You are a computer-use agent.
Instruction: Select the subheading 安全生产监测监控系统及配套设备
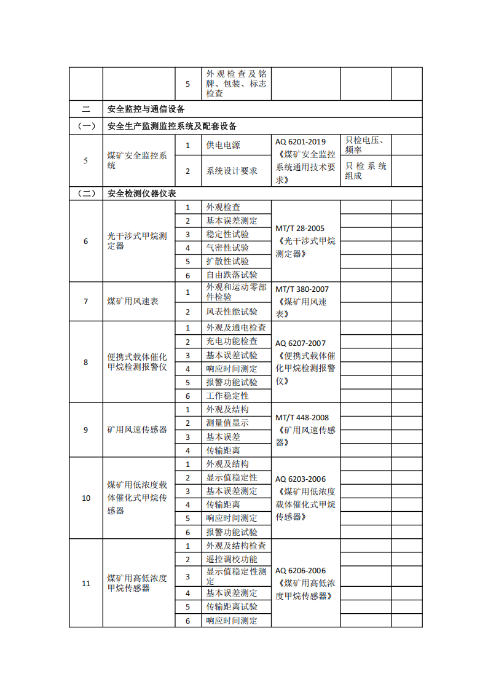[172, 127]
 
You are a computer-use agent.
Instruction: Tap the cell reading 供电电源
[223, 146]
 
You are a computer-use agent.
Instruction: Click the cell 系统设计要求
[232, 171]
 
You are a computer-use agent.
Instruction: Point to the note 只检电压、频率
[364, 145]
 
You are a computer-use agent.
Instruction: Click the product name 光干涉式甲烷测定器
[137, 241]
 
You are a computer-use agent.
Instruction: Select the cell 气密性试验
[227, 248]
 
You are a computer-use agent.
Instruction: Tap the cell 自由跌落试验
[232, 275]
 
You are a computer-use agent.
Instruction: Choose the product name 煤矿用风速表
[133, 301]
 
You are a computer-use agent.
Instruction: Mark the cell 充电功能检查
[232, 341]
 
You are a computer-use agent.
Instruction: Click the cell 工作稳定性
[227, 396]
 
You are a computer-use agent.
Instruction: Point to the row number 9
[86, 429]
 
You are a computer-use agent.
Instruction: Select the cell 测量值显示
[227, 423]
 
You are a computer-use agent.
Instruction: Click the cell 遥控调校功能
[232, 559]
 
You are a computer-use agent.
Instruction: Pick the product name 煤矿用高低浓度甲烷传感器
[137, 583]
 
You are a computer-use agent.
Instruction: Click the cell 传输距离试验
[232, 606]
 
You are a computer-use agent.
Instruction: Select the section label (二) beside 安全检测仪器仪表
[86, 193]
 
